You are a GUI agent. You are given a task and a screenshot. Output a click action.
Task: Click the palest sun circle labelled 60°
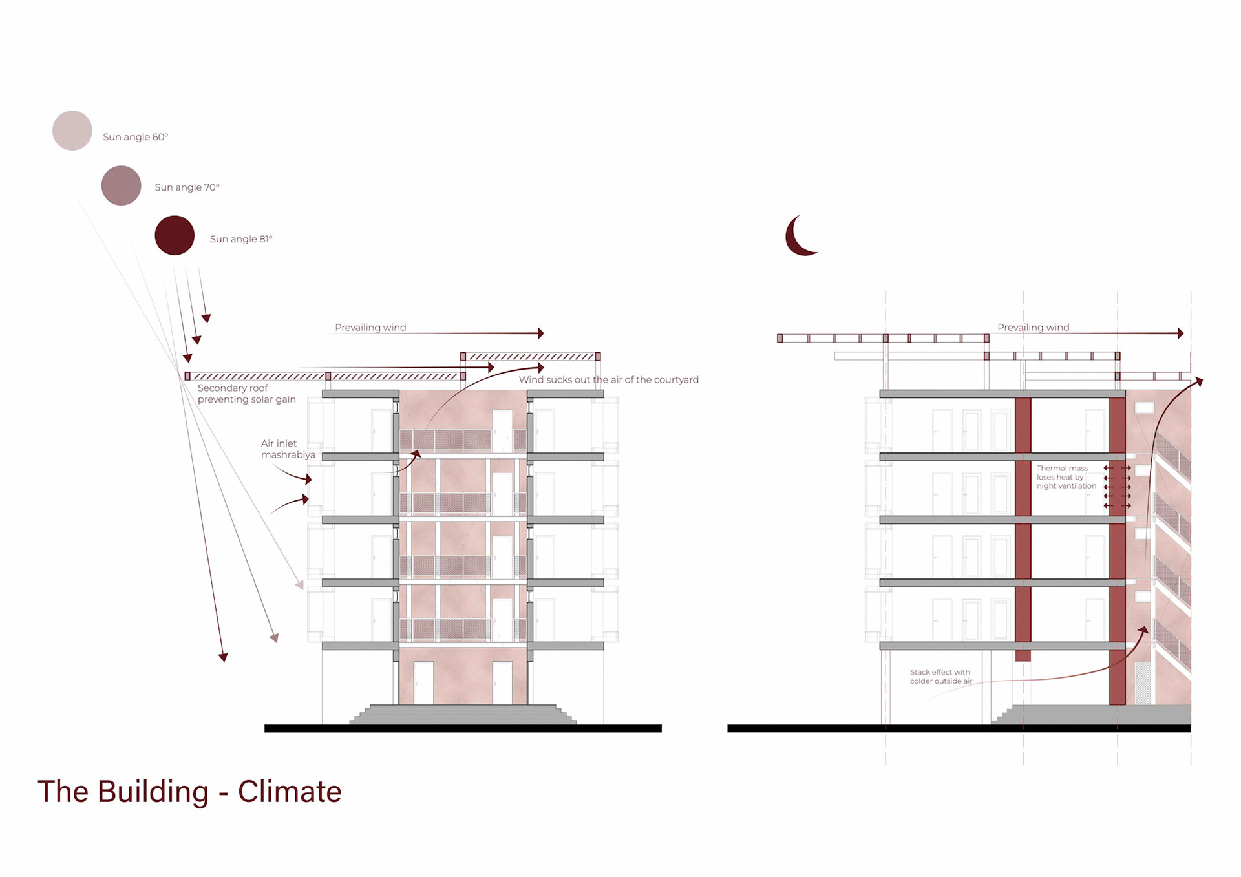pyautogui.click(x=72, y=131)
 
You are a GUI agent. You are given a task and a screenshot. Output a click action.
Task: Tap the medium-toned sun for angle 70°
pyautogui.click(x=121, y=185)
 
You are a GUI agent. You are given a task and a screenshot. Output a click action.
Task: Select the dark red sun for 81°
pyautogui.click(x=175, y=235)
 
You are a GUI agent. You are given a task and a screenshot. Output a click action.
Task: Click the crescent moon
pyautogui.click(x=798, y=237)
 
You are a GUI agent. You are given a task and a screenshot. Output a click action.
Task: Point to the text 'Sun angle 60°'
pyautogui.click(x=135, y=137)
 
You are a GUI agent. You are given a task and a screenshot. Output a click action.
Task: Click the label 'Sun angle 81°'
pyautogui.click(x=241, y=239)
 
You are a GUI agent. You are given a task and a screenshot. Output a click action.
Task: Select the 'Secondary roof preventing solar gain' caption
pyautogui.click(x=246, y=394)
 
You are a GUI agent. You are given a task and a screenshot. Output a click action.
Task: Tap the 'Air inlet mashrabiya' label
pyautogui.click(x=288, y=449)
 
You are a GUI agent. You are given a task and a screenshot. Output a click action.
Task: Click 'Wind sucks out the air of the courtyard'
pyautogui.click(x=608, y=380)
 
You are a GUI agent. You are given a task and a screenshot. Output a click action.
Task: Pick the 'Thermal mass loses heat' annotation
pyautogui.click(x=1066, y=477)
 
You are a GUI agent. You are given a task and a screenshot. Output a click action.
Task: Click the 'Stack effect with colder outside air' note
pyautogui.click(x=940, y=677)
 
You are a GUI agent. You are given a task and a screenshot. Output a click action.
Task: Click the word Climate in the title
pyautogui.click(x=289, y=792)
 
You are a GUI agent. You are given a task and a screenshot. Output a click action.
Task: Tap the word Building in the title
pyautogui.click(x=153, y=792)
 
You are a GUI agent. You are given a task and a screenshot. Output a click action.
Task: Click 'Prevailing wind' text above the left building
pyautogui.click(x=370, y=328)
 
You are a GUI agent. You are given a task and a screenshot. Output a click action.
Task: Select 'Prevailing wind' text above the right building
pyautogui.click(x=1033, y=328)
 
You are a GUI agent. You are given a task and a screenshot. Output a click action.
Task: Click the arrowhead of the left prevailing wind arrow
pyautogui.click(x=540, y=333)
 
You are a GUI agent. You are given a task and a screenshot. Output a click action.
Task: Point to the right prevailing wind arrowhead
pyautogui.click(x=1180, y=333)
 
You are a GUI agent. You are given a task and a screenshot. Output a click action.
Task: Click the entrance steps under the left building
pyautogui.click(x=463, y=714)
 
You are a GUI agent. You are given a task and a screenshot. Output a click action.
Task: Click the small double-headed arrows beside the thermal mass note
pyautogui.click(x=1117, y=486)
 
